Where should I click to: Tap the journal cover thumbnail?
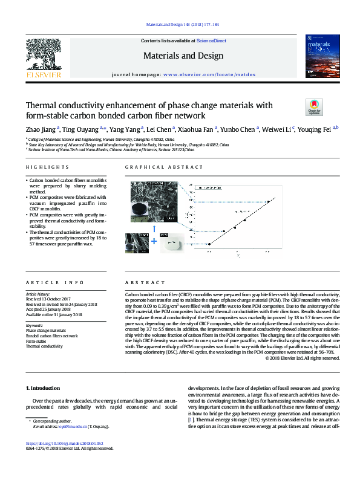pyautogui.click(x=318, y=58)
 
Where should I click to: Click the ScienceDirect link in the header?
pyautogui.click(x=211, y=41)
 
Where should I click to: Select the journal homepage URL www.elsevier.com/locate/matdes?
pyautogui.click(x=209, y=74)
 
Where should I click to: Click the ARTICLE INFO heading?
pyautogui.click(x=47, y=283)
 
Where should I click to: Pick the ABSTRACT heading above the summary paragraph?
pyautogui.click(x=145, y=283)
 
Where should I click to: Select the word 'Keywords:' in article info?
pyautogui.click(x=34, y=325)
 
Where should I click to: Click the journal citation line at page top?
pyautogui.click(x=180, y=25)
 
